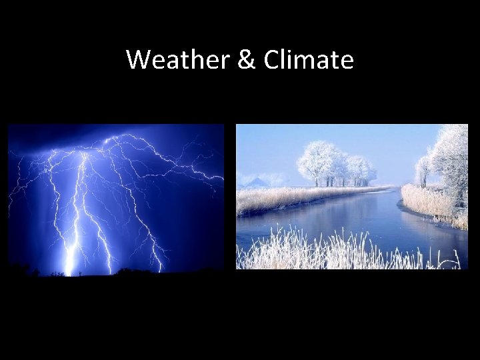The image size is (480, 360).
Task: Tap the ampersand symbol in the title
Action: point(245,60)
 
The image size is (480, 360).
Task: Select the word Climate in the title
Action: point(308,60)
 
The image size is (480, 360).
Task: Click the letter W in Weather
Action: point(138,60)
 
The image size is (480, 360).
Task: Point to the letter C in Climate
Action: point(272,60)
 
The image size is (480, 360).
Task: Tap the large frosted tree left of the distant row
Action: point(319,162)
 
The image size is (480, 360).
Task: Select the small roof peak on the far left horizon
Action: point(257,179)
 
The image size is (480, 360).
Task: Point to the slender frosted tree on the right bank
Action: point(422,170)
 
